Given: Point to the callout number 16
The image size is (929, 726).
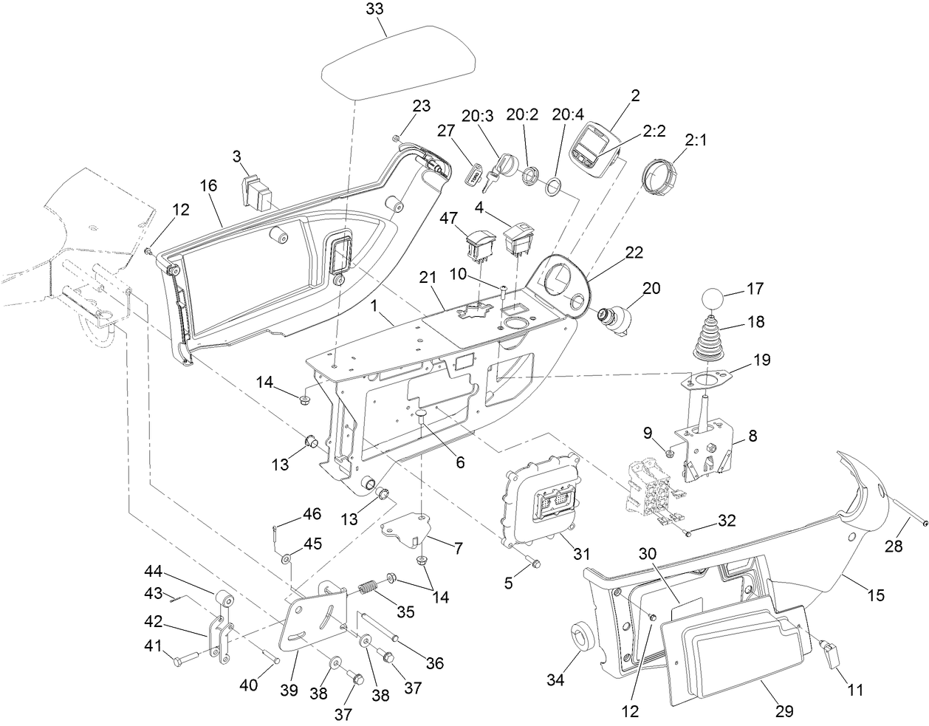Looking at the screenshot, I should pos(208,185).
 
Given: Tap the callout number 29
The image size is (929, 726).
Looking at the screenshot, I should pos(784,710).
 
